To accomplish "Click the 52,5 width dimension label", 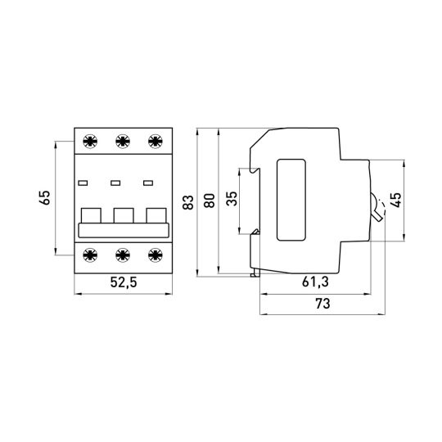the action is click(x=124, y=282).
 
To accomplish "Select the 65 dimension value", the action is click(x=45, y=197).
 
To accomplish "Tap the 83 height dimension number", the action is click(x=188, y=202).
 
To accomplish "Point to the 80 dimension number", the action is click(x=210, y=201).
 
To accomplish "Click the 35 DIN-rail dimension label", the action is click(x=232, y=198).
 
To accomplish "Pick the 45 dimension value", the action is click(x=395, y=200).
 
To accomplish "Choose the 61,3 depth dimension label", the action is click(x=315, y=282).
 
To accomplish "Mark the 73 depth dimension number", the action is click(x=322, y=304).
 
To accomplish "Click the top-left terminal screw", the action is click(x=90, y=141).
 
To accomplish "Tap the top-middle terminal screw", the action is click(x=123, y=141).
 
